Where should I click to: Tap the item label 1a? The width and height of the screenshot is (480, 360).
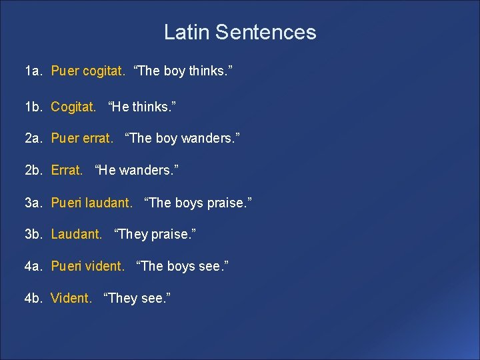tap(34, 71)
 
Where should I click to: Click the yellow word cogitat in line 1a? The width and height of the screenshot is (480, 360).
tap(103, 71)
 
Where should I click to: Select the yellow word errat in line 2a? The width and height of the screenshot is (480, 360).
tap(97, 138)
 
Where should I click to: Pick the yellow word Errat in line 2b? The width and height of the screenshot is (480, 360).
tap(67, 170)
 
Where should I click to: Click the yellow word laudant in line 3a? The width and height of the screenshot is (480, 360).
tap(109, 202)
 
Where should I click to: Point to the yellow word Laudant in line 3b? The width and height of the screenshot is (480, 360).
tap(76, 234)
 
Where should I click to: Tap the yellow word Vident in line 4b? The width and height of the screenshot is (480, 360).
tap(71, 298)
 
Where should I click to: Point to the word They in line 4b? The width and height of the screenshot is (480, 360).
tap(122, 298)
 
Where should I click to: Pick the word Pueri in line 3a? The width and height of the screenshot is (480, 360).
tap(65, 202)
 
